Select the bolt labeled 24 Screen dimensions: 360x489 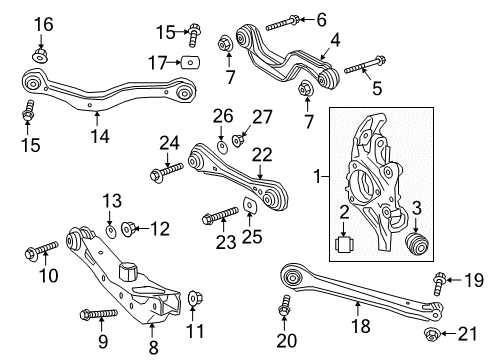click(160, 175)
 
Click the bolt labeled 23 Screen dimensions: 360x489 click(216, 215)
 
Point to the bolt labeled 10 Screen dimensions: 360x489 click(45, 246)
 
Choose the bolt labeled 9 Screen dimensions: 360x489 click(95, 315)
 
